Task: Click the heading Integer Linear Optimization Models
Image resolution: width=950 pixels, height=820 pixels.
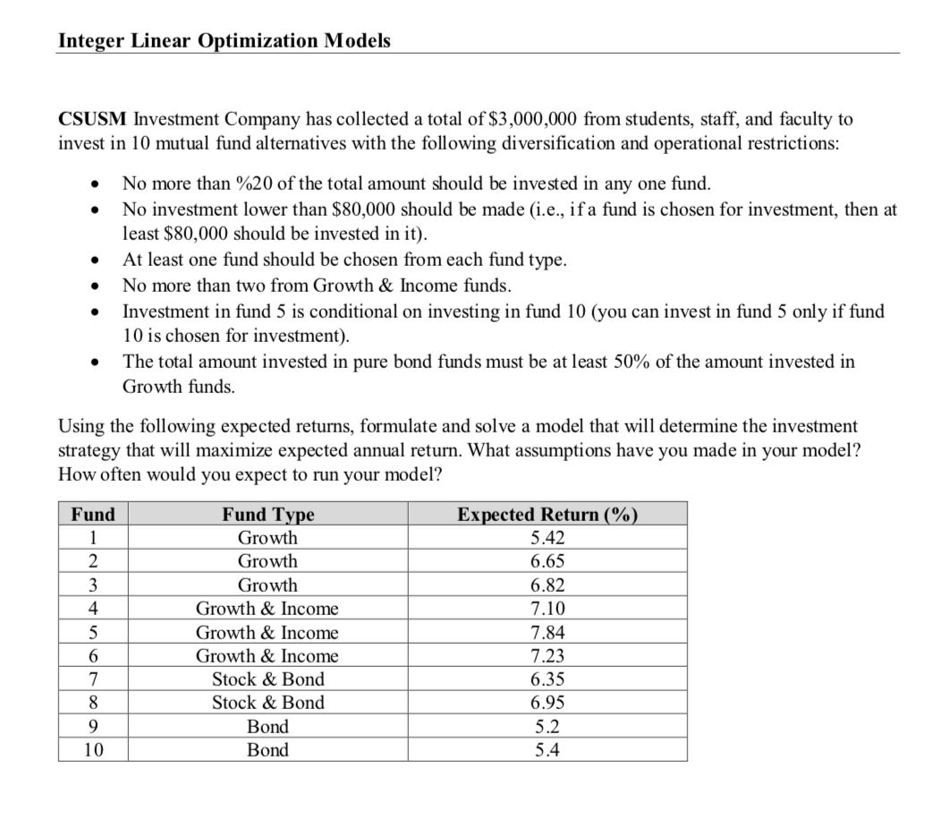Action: tap(224, 41)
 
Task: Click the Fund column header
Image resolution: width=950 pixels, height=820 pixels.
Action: tap(93, 515)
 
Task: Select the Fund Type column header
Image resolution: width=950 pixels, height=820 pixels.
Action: tap(267, 515)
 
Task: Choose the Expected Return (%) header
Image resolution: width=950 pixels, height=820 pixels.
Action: tap(547, 515)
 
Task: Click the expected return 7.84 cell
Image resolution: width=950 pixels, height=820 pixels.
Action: tap(547, 633)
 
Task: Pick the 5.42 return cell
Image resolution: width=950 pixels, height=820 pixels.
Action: tap(547, 538)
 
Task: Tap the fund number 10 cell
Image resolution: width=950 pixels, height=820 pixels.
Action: tap(93, 750)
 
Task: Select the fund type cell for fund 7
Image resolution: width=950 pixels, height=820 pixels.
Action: tap(267, 679)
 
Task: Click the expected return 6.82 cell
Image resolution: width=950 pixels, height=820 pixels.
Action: tap(547, 585)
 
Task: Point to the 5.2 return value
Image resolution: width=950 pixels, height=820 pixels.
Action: tap(547, 726)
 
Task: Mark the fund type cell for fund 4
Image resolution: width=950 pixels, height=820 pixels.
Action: tap(267, 609)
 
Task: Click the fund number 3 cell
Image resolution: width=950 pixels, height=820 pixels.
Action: tap(93, 585)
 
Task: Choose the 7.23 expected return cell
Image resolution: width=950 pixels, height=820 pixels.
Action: tap(547, 656)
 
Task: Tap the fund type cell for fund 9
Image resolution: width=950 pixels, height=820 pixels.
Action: tap(267, 726)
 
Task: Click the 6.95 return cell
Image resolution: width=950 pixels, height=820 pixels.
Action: tap(547, 703)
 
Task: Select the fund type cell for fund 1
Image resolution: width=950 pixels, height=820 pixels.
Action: tap(267, 538)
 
